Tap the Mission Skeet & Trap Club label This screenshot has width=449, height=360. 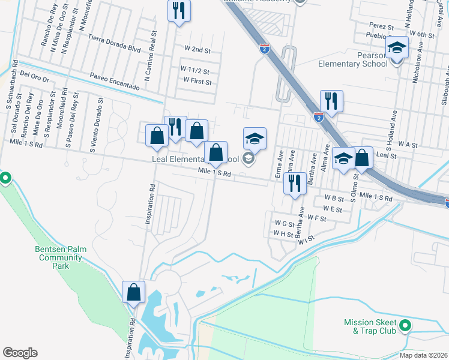click(370, 326)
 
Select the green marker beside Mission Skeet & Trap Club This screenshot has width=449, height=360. click(405, 326)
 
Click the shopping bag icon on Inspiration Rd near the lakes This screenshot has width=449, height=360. click(134, 292)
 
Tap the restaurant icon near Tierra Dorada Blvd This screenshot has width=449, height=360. click(179, 11)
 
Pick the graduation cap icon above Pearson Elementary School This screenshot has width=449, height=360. click(397, 47)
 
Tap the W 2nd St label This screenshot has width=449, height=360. click(197, 49)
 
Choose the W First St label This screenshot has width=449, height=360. click(197, 80)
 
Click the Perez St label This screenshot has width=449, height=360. click(382, 27)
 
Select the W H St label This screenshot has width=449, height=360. click(282, 233)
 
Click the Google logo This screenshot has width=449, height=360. click(20, 353)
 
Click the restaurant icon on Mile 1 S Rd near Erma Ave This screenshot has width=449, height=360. click(295, 182)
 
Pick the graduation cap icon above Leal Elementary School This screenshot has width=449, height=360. click(255, 139)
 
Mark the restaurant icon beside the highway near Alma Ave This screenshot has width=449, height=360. click(331, 101)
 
